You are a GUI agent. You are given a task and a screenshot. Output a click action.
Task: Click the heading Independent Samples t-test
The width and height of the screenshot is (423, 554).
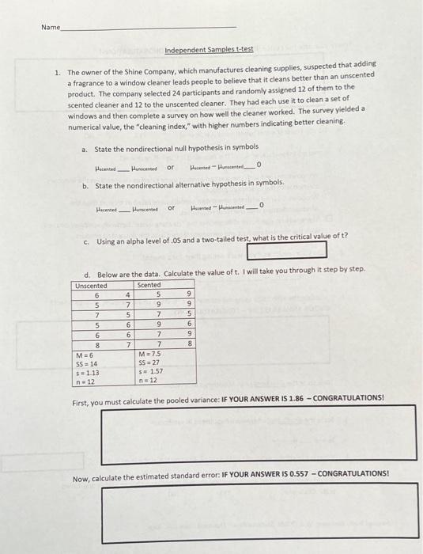click(209, 50)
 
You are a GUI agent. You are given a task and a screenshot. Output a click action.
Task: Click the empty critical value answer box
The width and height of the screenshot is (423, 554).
click(287, 250)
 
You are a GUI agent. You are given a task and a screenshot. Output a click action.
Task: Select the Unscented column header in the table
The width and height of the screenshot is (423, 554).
click(91, 285)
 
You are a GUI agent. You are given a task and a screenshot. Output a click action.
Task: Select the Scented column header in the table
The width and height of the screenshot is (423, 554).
click(149, 285)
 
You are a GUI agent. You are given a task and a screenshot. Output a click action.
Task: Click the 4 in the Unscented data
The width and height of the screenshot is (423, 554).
click(128, 294)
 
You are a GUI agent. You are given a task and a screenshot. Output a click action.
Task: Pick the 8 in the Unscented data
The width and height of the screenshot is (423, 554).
click(96, 345)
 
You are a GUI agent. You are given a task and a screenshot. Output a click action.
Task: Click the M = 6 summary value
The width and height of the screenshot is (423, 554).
click(85, 354)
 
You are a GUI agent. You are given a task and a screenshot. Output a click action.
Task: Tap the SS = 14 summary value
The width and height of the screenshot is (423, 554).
click(86, 363)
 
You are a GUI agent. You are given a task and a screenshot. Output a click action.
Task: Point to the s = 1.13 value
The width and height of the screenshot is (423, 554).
click(86, 372)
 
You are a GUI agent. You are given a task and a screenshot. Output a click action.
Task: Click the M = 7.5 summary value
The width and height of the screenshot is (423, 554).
click(149, 354)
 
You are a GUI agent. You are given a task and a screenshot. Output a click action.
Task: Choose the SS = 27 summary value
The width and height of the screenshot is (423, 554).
click(149, 363)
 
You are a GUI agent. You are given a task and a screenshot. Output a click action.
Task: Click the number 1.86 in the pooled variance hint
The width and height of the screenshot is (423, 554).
click(278, 397)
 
